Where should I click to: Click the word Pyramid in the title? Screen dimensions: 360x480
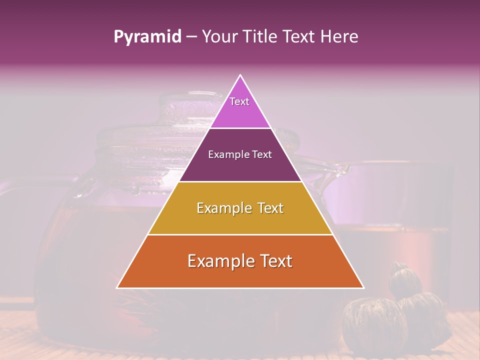tap(147, 37)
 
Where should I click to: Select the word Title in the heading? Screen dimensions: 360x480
tap(261, 37)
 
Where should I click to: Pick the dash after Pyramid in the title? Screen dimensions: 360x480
tap(191, 37)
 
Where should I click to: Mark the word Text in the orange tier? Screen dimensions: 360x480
tap(274, 261)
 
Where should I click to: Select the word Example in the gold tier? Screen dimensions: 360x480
tap(223, 208)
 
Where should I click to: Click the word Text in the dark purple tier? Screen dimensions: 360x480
tap(262, 155)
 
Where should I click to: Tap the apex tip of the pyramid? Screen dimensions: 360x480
tap(240, 76)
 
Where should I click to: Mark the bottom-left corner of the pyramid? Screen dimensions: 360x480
tap(118, 287)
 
